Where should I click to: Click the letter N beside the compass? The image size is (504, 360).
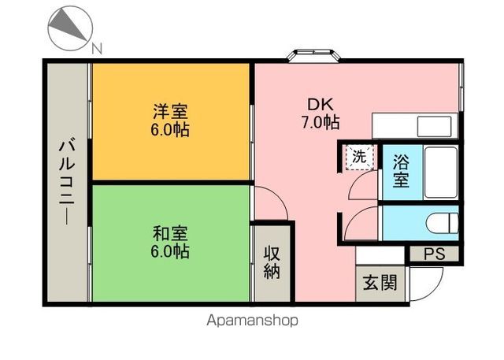[x=96, y=49]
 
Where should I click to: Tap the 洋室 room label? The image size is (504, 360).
[x=170, y=113]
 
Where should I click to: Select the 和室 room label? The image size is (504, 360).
[x=170, y=233]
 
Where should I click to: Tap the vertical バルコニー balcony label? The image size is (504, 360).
[x=68, y=180]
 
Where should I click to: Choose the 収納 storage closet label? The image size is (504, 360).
[x=272, y=262]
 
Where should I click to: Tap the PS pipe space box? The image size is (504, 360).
[x=434, y=254]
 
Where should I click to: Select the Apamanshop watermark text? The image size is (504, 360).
[x=252, y=321]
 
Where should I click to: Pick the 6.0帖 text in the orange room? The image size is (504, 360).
[x=170, y=130]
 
